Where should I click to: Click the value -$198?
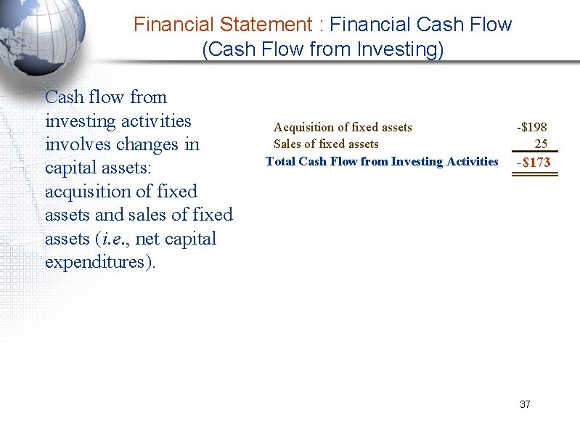click(x=531, y=128)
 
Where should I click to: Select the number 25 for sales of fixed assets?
click(x=541, y=144)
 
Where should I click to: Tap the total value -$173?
click(x=533, y=163)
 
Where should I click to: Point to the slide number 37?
click(x=525, y=404)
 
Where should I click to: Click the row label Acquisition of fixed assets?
click(x=342, y=128)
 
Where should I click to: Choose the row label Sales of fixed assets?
click(x=325, y=144)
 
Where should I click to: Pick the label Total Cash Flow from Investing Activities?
click(x=382, y=161)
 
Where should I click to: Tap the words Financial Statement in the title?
click(x=223, y=25)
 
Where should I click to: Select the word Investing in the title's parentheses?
click(x=402, y=50)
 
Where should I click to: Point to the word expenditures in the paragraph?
click(x=99, y=262)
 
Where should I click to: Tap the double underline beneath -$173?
click(x=533, y=174)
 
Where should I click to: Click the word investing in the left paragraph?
click(x=78, y=120)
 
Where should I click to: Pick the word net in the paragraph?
click(x=147, y=239)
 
